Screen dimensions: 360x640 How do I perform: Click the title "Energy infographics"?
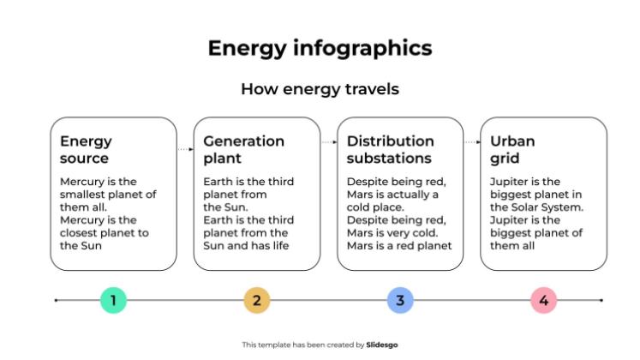click(x=320, y=48)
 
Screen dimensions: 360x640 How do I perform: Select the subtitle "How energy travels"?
click(x=320, y=89)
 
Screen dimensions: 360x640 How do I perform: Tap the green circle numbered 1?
click(x=113, y=300)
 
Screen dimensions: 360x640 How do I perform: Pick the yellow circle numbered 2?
click(x=256, y=300)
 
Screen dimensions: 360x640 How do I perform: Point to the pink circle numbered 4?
click(x=543, y=300)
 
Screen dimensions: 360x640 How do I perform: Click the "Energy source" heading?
click(x=86, y=149)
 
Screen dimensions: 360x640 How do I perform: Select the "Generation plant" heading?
click(x=243, y=149)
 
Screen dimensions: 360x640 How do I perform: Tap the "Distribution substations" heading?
click(x=390, y=149)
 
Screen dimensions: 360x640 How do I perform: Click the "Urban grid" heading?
click(x=512, y=149)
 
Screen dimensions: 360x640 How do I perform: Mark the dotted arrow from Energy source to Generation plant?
click(x=185, y=150)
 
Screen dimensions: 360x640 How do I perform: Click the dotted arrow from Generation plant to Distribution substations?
click(x=328, y=142)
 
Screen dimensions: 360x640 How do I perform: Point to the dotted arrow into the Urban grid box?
click(x=472, y=142)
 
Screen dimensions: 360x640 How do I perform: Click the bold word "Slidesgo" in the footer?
click(x=381, y=345)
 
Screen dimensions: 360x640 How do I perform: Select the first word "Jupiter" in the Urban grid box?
click(x=511, y=182)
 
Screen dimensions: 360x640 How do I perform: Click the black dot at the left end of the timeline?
click(x=57, y=300)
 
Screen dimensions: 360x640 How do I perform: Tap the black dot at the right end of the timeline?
click(x=601, y=300)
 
